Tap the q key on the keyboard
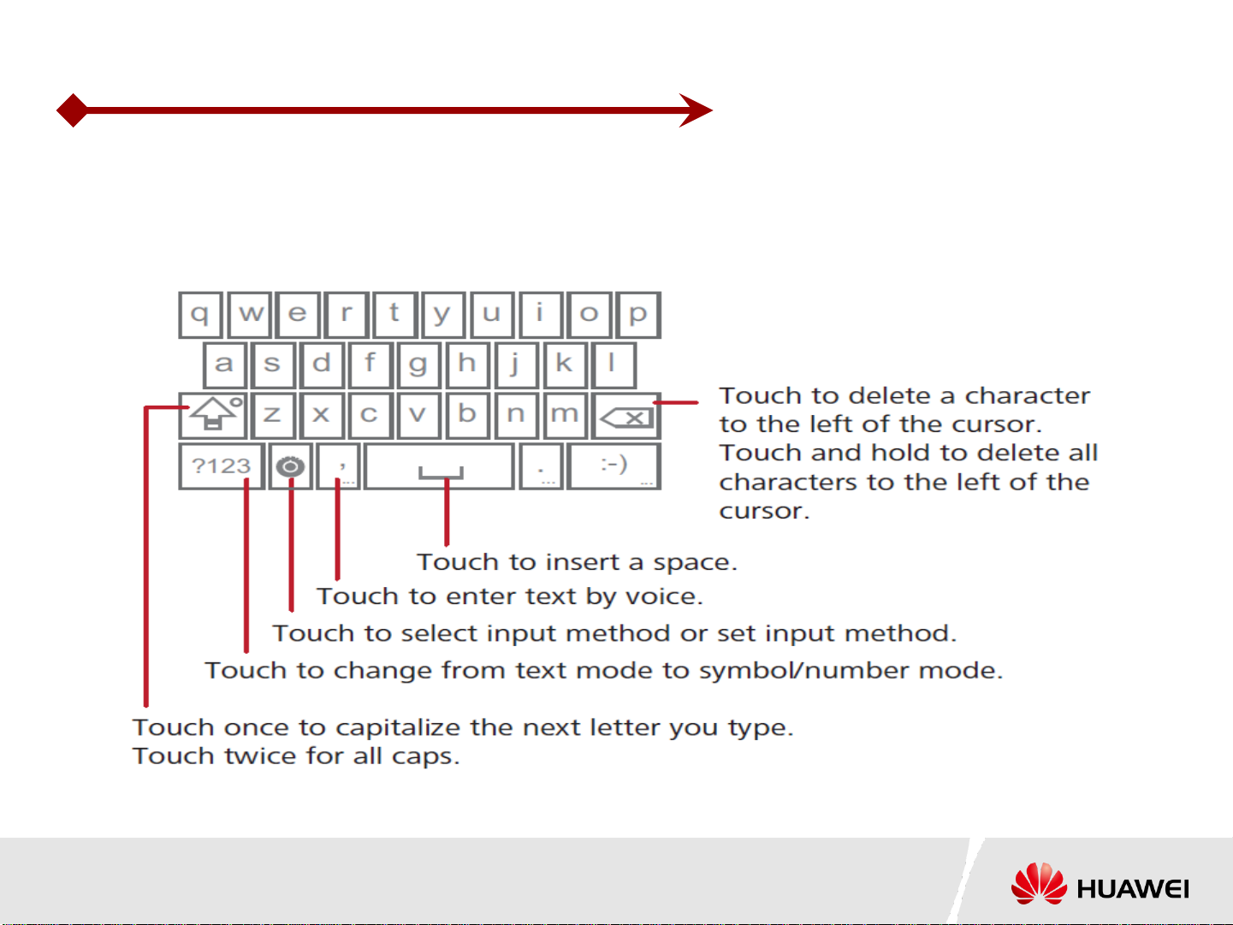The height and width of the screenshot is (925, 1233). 200,315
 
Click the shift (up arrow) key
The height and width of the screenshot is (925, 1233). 213,416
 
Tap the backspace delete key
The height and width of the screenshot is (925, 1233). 626,416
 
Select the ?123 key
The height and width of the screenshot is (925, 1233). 222,466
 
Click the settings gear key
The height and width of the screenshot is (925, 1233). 290,466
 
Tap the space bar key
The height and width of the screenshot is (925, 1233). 439,466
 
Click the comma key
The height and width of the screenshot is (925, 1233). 339,466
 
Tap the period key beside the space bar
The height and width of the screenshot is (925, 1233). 541,466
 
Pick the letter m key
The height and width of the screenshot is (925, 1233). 565,416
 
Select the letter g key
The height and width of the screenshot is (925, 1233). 418,365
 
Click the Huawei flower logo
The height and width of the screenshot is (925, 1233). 1039,883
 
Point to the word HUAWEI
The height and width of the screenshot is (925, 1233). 1132,889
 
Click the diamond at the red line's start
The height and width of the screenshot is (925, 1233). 73,110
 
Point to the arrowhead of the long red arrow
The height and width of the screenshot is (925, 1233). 696,110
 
